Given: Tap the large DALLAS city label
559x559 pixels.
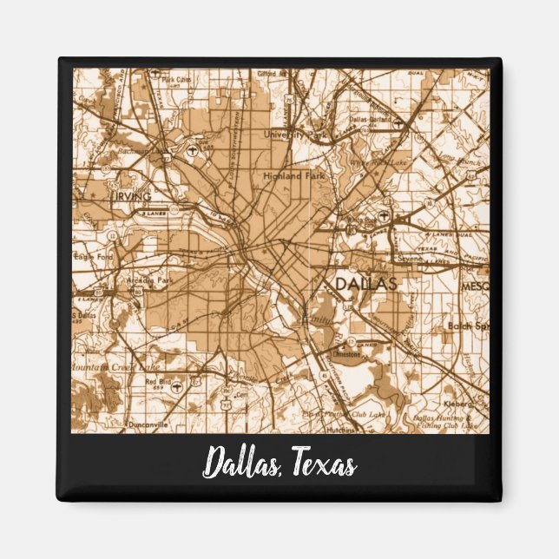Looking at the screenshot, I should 365,284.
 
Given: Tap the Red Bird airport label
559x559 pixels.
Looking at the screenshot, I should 158,381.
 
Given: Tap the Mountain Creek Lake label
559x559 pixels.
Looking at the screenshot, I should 109,367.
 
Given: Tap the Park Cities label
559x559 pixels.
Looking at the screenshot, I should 177,80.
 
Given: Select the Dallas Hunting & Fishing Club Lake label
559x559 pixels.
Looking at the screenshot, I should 444,421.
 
